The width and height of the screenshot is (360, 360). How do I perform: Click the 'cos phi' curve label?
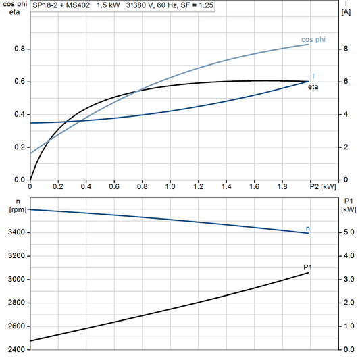coord(313,40)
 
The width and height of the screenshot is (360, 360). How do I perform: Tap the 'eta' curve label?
coord(313,87)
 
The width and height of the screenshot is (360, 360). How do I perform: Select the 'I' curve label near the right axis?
coord(313,76)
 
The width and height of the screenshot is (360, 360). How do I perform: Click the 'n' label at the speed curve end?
coord(307,229)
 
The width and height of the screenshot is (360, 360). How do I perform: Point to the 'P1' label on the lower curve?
coord(308,267)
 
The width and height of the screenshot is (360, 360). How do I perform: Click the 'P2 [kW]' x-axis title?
coord(322,186)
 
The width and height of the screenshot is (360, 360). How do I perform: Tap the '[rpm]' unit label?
coord(14,210)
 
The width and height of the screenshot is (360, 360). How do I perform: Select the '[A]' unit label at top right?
coord(346,12)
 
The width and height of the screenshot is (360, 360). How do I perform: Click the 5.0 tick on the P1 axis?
coord(349,232)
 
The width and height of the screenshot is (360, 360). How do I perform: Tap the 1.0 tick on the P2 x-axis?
coord(170,186)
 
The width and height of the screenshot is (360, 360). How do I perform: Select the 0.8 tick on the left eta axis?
coord(19,49)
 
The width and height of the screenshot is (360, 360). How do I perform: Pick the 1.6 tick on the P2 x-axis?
coord(254,186)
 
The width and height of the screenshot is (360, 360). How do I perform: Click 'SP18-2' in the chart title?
coord(45,4)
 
